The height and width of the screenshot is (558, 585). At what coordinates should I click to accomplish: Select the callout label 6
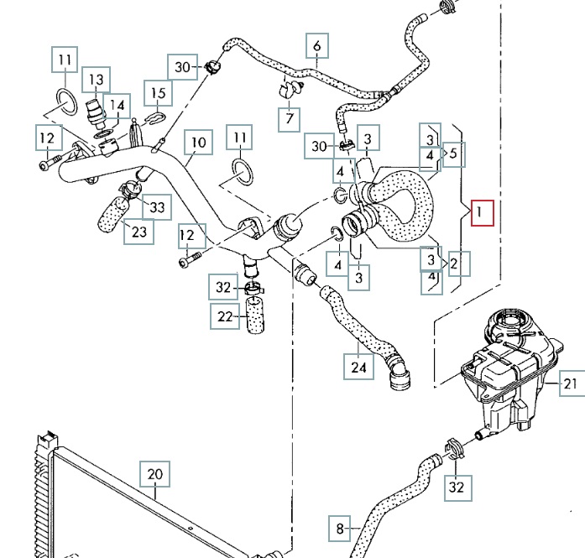[x=317, y=45]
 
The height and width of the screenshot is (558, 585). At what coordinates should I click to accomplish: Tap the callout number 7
[x=289, y=118]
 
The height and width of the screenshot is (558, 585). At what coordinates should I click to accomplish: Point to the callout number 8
[x=340, y=529]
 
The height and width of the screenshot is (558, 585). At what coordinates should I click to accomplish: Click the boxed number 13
[x=97, y=80]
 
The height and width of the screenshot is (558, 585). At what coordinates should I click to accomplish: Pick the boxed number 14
[x=118, y=106]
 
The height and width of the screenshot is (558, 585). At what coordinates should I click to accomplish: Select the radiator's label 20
[x=154, y=475]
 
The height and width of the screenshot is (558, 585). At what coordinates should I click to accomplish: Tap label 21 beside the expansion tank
[x=572, y=385]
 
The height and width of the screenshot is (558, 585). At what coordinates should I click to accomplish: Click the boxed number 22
[x=223, y=316]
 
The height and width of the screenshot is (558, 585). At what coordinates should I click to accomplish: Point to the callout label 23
[x=138, y=232]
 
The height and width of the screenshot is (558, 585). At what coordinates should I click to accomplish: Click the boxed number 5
[x=453, y=154]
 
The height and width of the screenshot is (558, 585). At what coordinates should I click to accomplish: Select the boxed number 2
[x=454, y=265]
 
